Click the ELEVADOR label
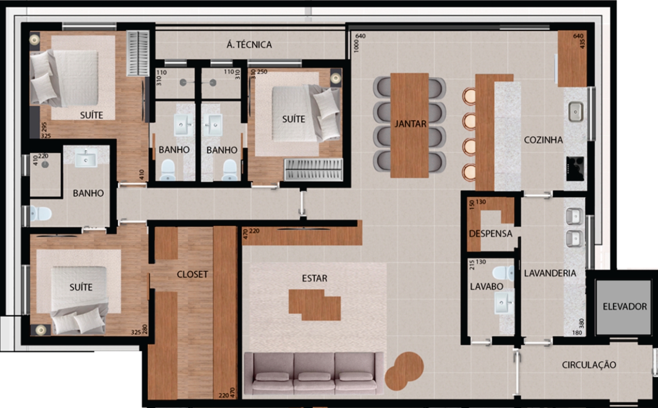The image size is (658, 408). point(625,307)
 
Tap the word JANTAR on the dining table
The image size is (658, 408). point(410,124)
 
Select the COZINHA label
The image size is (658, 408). point(543,140)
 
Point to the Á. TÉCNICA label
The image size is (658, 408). point(249,44)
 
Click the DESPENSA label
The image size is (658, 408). point(490,234)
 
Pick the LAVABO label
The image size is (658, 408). point(486,286)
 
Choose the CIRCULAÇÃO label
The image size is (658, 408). point(589,365)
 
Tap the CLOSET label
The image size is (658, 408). point(192,274)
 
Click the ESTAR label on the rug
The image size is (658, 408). point(314,278)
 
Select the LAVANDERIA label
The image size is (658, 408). point(550,273)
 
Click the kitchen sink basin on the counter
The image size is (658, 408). point(575,112)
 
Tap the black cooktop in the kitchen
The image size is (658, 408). point(575,169)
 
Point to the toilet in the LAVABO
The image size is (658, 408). point(503,273)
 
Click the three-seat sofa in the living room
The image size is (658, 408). point(314,374)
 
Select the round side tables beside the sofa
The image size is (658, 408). point(404,370)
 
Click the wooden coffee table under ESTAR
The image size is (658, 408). point(315,305)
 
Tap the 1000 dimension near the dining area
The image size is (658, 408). point(356,46)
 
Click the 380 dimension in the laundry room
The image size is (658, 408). point(581,324)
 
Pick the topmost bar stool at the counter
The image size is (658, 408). point(469,96)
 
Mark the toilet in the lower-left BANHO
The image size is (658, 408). point(41,214)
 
